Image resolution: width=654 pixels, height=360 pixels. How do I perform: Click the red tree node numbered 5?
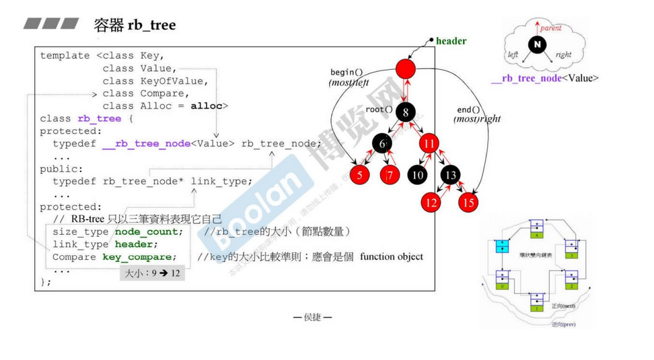tap(359, 176)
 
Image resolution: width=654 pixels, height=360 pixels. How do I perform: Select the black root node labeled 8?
tap(406, 112)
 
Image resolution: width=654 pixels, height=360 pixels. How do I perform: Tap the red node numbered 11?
tap(429, 143)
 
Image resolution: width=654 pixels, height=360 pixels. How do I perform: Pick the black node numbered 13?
tap(450, 176)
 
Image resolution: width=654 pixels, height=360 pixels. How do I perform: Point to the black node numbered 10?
tap(416, 176)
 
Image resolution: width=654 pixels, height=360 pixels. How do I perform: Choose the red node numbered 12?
tap(431, 202)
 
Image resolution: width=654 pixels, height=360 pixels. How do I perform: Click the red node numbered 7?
tap(390, 176)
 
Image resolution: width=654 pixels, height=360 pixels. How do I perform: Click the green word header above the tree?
tap(451, 41)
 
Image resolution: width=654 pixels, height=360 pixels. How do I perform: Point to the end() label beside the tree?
tap(469, 110)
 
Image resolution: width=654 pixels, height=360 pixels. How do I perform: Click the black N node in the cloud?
tap(537, 45)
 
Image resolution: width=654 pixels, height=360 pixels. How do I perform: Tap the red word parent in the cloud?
tap(550, 28)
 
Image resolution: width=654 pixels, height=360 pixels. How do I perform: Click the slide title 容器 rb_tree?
tap(135, 26)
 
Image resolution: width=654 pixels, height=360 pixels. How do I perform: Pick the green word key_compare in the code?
tap(139, 257)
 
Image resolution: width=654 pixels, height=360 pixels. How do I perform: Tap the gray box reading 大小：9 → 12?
tap(152, 274)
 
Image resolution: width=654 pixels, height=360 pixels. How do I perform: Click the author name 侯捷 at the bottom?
tap(312, 317)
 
